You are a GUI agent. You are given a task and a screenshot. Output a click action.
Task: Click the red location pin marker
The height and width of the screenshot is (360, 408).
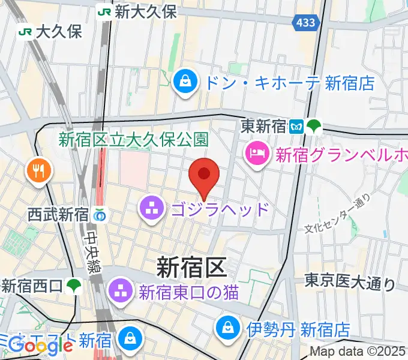click(204, 175)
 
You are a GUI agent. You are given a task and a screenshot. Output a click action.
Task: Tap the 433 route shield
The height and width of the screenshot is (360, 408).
click(305, 23)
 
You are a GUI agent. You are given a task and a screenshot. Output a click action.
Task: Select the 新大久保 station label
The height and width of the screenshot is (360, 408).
click(145, 11)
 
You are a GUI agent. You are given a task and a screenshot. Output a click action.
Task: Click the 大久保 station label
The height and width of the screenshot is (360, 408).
click(58, 31)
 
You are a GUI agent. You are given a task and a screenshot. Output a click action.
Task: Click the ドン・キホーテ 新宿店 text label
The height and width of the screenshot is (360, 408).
click(289, 82)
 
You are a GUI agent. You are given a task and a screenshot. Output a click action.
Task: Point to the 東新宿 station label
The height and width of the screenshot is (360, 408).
click(264, 126)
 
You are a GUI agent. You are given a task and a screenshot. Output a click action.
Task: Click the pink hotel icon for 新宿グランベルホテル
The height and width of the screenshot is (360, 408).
click(257, 154)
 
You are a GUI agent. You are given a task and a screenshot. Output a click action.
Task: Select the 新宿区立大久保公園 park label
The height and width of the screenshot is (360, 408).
click(133, 140)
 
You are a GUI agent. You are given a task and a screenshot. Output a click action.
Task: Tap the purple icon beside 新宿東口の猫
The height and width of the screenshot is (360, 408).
click(120, 292)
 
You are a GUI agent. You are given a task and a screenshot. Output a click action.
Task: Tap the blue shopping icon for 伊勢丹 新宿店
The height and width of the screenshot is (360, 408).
click(229, 328)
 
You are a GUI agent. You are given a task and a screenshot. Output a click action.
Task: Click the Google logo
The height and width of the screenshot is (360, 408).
click(41, 346)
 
